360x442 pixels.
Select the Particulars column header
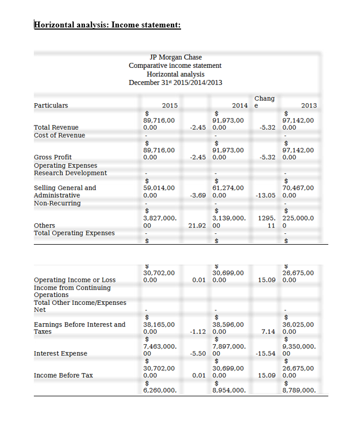(x=51, y=105)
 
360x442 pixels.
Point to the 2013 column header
(x=309, y=105)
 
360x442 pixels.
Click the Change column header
(x=264, y=102)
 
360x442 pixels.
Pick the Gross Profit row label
(x=53, y=158)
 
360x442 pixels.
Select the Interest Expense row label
(x=60, y=353)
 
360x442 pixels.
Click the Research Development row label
(x=70, y=173)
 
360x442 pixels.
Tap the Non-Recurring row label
(x=57, y=203)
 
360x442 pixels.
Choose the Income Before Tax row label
(x=63, y=375)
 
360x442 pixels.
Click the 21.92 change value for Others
(x=199, y=226)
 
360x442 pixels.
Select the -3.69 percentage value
(x=199, y=196)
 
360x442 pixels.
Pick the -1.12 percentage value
(x=199, y=332)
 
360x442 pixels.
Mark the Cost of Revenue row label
(x=59, y=135)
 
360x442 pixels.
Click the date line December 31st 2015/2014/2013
(x=175, y=82)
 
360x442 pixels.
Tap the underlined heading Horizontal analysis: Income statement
(x=107, y=24)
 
